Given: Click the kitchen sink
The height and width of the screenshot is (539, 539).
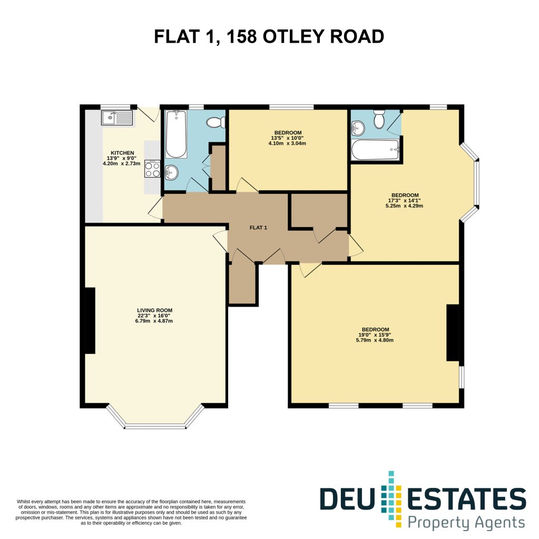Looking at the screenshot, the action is pos(117,118).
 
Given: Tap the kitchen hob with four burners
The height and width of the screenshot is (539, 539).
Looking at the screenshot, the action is pos(152,169).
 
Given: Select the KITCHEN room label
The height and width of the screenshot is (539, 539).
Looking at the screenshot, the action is pos(122,153).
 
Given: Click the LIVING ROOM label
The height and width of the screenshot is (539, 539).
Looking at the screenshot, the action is pos(155,310).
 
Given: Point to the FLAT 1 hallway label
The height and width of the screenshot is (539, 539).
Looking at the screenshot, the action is pos(258,228).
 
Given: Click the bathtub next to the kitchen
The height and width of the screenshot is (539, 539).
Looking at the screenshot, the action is pos(176,134).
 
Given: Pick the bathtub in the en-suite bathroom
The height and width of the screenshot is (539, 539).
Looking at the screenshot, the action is pos(375,150).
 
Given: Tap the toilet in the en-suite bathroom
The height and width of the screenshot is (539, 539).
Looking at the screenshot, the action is pos(379,119).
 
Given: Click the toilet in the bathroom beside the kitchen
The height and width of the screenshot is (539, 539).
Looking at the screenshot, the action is pos(215,122).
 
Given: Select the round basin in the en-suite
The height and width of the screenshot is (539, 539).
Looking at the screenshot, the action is pos(358,128).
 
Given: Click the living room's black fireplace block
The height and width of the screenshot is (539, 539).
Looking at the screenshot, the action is pos(90,320).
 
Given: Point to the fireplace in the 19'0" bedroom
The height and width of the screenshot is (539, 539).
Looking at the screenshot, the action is pos(453,333).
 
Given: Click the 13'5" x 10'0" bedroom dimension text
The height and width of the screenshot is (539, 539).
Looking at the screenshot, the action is pos(287,138).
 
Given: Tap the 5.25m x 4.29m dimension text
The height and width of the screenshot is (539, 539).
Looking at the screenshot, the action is pos(404,206).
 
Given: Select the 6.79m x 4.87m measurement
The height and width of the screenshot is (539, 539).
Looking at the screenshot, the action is pos(154,321).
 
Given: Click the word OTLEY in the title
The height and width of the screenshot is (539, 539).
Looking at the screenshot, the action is pos(293,36).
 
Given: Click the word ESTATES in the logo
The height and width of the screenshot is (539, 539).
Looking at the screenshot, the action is pos(466,499).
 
